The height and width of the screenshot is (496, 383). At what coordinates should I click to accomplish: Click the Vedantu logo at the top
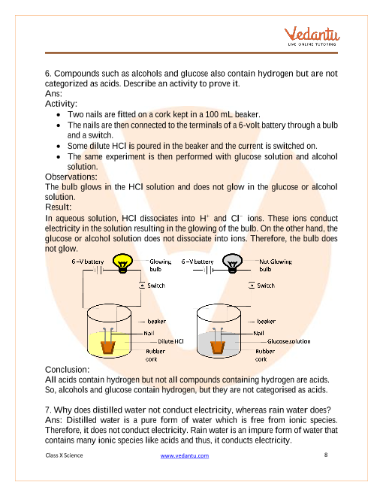pos(312,36)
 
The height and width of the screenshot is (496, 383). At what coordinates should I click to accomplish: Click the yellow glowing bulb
pos(122,263)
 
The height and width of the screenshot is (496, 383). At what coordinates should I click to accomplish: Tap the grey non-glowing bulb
pos(232,263)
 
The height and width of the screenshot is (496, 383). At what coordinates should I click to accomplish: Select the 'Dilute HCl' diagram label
pos(170,341)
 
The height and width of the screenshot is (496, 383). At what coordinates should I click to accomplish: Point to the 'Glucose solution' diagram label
pos(289,341)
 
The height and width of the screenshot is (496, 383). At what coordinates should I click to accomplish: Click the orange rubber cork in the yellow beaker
pos(108,347)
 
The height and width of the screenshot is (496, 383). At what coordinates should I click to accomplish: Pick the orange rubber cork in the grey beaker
pos(218,347)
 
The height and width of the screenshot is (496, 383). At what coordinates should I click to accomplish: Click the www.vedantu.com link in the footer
pos(185,456)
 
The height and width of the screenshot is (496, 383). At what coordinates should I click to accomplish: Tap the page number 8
pos(326,455)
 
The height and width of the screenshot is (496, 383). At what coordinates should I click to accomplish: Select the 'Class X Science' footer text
pos(64,455)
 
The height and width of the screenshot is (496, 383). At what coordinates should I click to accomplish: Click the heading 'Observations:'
pos(71,177)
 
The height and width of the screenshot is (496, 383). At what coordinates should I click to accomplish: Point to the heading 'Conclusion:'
pos(68,370)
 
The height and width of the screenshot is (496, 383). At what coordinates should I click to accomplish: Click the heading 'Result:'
pos(58,207)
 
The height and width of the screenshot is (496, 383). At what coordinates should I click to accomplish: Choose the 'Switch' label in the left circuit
pos(156,286)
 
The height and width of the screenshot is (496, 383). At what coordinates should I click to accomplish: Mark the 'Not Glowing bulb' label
pos(276,265)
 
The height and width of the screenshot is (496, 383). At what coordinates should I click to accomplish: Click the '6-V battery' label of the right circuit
pos(198,262)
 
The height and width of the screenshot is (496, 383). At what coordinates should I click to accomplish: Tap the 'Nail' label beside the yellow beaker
pos(149,334)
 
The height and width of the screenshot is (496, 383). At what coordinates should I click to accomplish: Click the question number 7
pos(48,410)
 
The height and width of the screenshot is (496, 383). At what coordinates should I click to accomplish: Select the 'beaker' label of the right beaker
pos(267,322)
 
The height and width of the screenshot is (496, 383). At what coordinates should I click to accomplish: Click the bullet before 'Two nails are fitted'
pos(59,115)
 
